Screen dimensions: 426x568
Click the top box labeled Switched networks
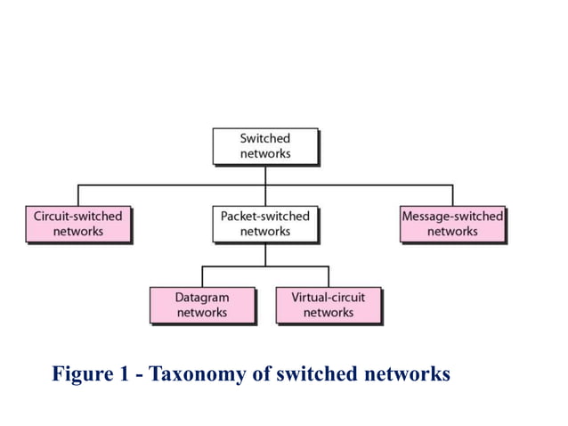(264, 146)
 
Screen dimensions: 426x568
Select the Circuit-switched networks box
(77, 224)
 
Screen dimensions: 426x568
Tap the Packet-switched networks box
(264, 224)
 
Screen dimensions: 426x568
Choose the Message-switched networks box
(452, 224)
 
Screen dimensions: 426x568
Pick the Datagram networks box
(202, 305)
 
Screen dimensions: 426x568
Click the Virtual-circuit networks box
(329, 305)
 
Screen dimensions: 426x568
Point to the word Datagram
(202, 297)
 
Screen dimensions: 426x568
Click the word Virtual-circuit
(329, 297)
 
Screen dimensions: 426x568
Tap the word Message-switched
(452, 216)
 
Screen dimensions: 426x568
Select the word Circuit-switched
(77, 216)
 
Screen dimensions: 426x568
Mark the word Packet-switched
(264, 216)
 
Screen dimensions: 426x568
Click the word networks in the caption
(406, 373)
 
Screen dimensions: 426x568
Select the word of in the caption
(259, 373)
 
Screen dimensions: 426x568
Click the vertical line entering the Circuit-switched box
(77, 195)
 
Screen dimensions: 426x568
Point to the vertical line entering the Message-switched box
(452, 195)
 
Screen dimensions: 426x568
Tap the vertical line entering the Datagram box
(202, 276)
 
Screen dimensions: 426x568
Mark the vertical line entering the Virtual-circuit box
(329, 276)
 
